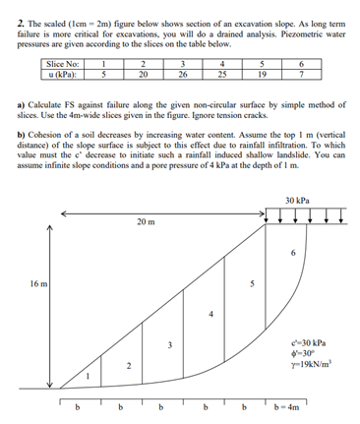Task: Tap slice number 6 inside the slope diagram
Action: pyautogui.click(x=291, y=251)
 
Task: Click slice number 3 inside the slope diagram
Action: pyautogui.click(x=169, y=345)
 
